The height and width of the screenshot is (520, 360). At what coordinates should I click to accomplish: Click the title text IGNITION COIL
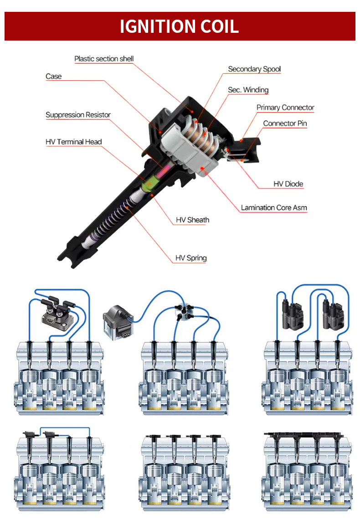coord(179,26)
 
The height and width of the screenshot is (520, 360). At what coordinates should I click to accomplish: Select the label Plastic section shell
coord(104,59)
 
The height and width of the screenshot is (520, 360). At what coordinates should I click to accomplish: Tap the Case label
coord(53,76)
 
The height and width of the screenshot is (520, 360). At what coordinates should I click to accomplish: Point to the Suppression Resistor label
coord(78,115)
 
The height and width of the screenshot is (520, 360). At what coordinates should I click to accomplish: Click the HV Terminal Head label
coord(73,142)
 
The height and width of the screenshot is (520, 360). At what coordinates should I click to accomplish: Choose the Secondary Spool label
coord(254,69)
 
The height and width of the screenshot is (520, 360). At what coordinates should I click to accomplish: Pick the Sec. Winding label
coord(248,90)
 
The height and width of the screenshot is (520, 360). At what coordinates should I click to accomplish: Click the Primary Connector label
coord(285,108)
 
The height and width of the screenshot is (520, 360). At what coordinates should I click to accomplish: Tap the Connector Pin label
coord(285,124)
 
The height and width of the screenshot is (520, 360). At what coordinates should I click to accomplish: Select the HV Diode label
coord(288,184)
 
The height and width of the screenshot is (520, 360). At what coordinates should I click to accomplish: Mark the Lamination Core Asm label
coord(274,208)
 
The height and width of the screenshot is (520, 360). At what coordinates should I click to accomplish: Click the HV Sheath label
coord(192,220)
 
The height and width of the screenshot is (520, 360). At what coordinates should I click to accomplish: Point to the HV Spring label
coord(191,258)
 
